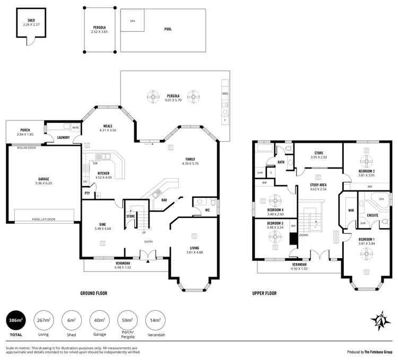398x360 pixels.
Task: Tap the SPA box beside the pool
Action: tap(132, 21)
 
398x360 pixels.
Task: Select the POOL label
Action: tap(167, 30)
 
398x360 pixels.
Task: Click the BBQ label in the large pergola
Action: tap(225, 92)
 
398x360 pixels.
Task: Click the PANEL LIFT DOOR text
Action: tap(44, 219)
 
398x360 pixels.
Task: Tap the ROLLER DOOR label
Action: tap(26, 148)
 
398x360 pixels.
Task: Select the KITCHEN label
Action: tap(103, 173)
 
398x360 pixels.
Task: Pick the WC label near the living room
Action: tap(207, 210)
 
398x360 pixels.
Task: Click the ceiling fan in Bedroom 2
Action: tap(367, 161)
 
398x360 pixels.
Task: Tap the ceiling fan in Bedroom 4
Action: tap(275, 200)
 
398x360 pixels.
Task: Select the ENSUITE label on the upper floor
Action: tap(373, 215)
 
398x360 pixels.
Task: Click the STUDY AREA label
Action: tap(318, 185)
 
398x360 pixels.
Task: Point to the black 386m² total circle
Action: tap(16, 321)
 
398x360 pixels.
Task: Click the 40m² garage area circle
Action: tap(99, 321)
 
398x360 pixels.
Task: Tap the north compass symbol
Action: tap(380, 320)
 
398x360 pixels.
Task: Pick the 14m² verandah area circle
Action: tap(155, 321)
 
